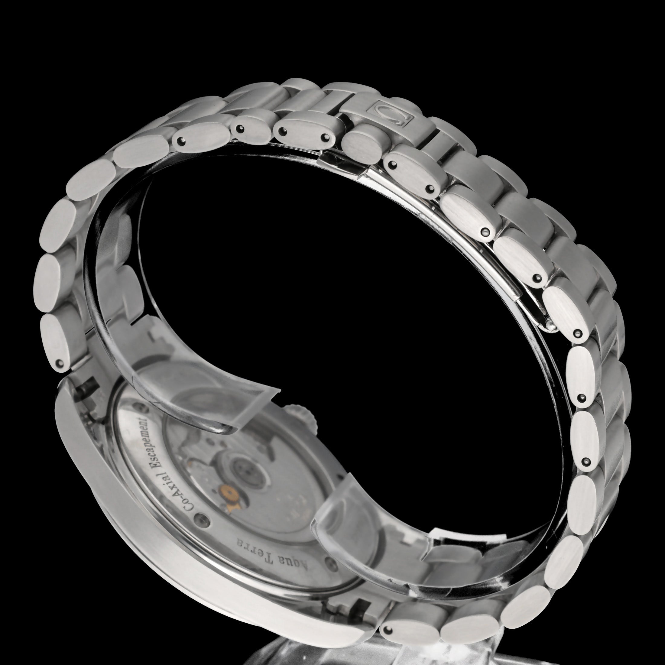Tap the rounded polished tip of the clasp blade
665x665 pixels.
pos(550,328)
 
